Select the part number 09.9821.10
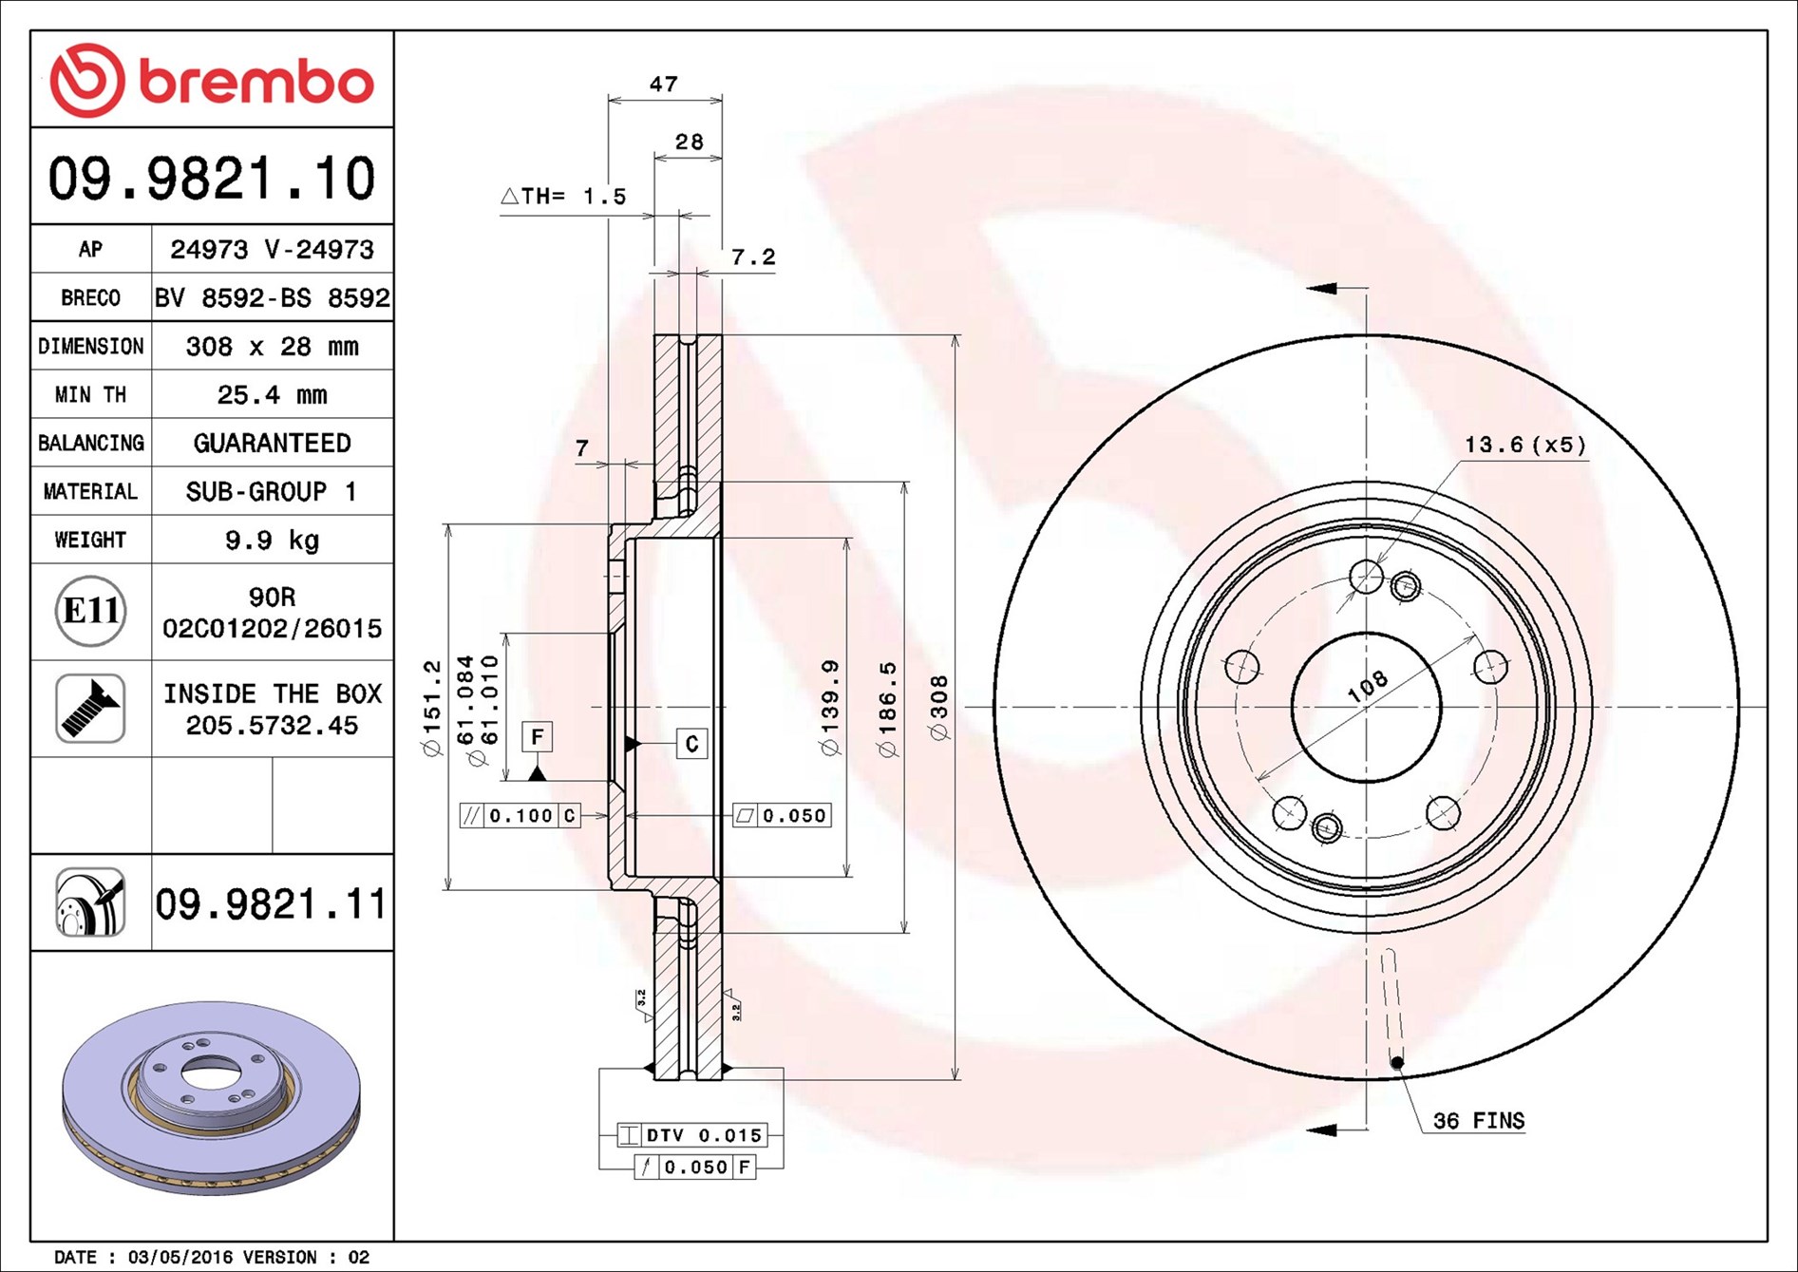click(x=212, y=179)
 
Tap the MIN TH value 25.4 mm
click(x=272, y=394)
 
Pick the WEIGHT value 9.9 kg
click(x=272, y=540)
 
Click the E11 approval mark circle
click(x=90, y=611)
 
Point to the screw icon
click(x=90, y=709)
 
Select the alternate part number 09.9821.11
click(x=271, y=903)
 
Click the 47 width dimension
click(x=664, y=84)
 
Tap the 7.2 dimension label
click(x=753, y=256)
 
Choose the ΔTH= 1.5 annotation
click(x=563, y=197)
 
